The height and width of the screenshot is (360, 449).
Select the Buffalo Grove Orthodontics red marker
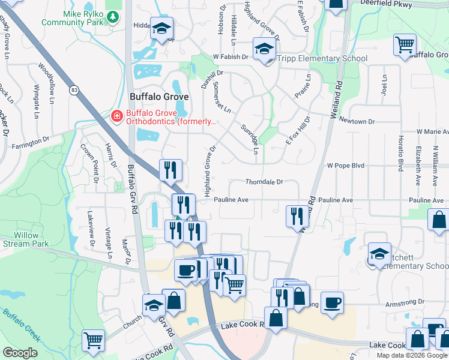[116, 116]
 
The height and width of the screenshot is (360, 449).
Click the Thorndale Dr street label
[264, 182]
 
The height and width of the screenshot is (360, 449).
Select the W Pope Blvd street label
[346, 165]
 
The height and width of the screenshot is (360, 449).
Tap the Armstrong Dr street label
[405, 302]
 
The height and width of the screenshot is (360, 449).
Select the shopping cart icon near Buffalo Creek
[94, 341]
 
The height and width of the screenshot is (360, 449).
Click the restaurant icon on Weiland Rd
[296, 216]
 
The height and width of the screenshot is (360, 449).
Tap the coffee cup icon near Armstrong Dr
[332, 302]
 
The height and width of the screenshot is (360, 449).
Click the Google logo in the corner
[20, 353]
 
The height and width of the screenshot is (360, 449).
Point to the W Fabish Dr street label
[231, 57]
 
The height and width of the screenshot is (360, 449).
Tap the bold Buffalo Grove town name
[159, 97]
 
